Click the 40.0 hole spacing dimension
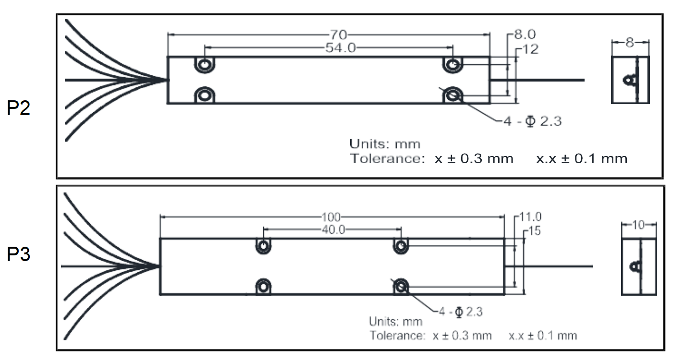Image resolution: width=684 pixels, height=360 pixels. tap(333, 229)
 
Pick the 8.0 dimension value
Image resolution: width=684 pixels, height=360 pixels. tap(525, 35)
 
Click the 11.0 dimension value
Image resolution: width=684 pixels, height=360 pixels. tap(530, 217)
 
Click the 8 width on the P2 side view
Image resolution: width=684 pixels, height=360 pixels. tap(630, 42)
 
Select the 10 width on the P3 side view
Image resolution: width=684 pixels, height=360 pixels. tap(639, 225)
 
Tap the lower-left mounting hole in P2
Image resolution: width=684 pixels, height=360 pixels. tap(205, 95)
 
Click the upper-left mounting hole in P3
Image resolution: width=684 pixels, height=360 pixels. tap(263, 246)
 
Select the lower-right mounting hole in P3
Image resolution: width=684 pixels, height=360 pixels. tap(401, 287)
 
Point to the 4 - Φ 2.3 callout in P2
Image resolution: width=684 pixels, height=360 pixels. tap(532, 121)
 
